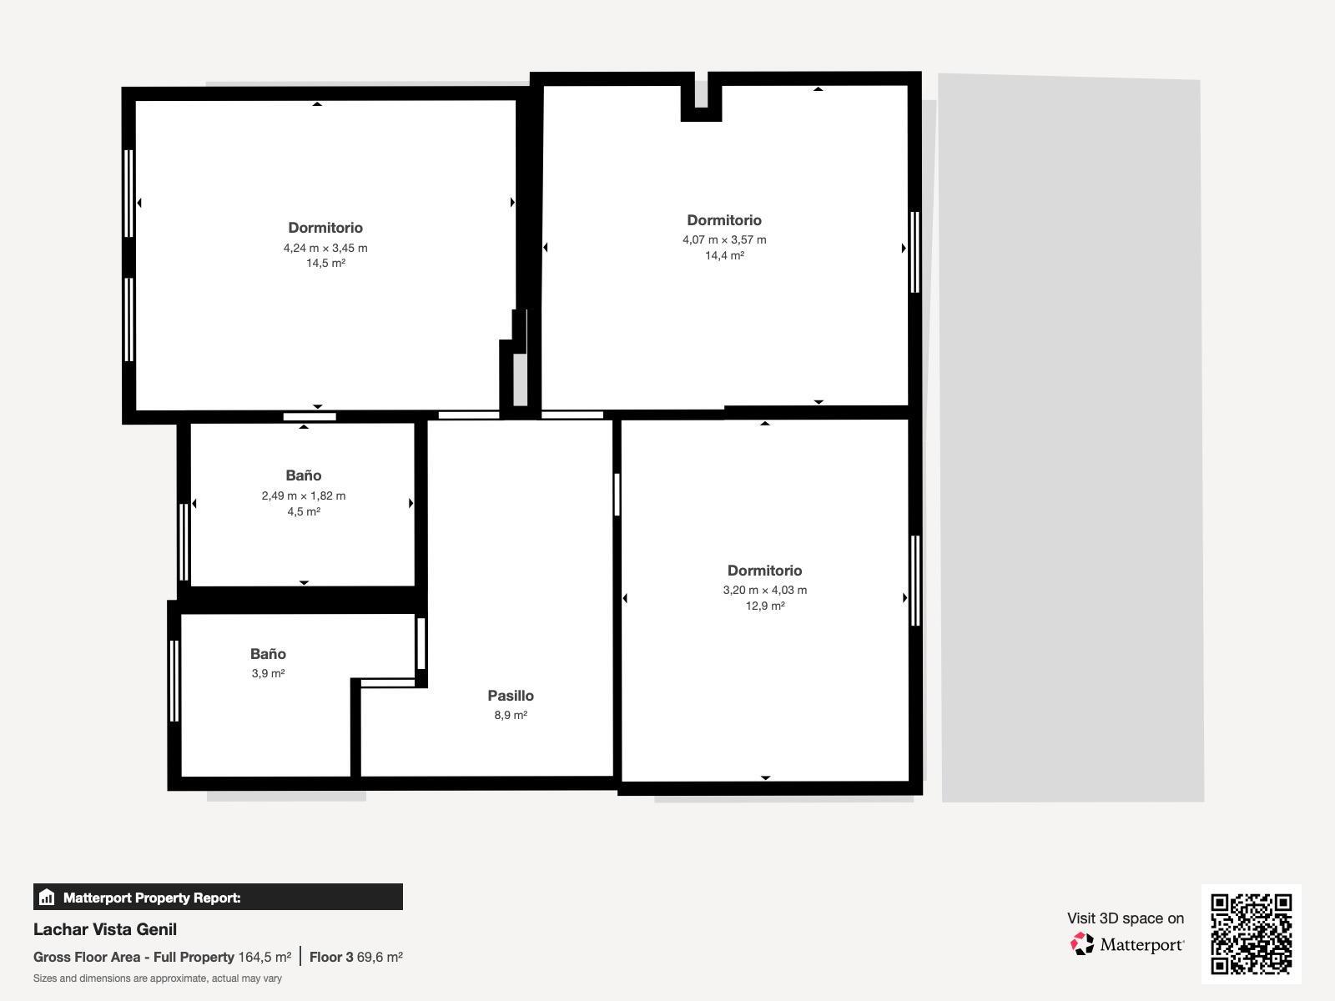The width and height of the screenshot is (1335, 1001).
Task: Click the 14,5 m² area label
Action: click(x=325, y=264)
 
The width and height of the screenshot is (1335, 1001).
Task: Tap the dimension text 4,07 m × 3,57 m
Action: click(x=724, y=240)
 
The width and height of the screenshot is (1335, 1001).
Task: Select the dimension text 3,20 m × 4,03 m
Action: click(x=764, y=591)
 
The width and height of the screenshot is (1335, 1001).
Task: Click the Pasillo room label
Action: click(x=511, y=696)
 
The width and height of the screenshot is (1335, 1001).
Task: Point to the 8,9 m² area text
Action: click(x=511, y=716)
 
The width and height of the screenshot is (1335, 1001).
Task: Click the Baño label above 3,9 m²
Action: click(x=268, y=654)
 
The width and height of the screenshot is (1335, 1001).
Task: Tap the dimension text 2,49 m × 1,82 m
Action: click(x=304, y=496)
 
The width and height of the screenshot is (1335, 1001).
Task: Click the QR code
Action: click(x=1251, y=933)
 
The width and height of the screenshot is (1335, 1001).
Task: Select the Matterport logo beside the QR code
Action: click(x=1127, y=944)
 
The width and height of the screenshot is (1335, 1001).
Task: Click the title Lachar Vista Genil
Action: click(x=105, y=929)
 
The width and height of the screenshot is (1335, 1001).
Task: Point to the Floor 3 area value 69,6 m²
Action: click(x=380, y=958)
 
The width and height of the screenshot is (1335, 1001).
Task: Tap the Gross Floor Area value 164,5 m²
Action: click(x=264, y=958)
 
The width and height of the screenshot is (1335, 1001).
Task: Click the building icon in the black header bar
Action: click(x=47, y=898)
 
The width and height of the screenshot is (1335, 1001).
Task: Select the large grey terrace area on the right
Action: click(x=1072, y=438)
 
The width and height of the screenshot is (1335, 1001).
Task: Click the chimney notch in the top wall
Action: click(x=701, y=97)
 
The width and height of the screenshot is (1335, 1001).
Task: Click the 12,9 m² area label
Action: click(x=764, y=606)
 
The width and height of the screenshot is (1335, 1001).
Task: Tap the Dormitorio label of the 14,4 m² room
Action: click(x=724, y=220)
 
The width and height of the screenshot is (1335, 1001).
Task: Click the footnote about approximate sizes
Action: click(x=158, y=978)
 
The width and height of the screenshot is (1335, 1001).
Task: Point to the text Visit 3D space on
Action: click(x=1125, y=918)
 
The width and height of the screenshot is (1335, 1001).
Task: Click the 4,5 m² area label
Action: click(x=304, y=512)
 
